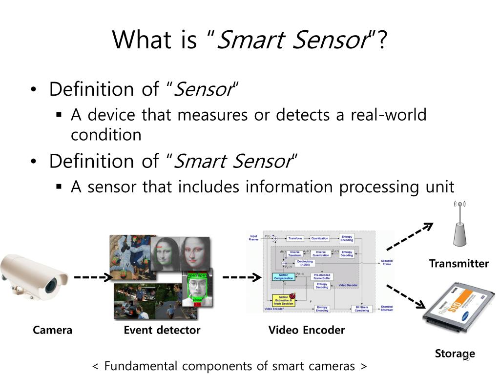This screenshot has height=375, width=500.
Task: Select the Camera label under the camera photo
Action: click(x=52, y=330)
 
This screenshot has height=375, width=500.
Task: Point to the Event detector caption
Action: click(x=162, y=330)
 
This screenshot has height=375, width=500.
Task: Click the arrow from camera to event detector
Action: click(x=93, y=277)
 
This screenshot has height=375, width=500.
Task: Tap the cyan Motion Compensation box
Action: click(x=283, y=277)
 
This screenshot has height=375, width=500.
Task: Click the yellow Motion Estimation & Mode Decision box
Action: click(x=283, y=300)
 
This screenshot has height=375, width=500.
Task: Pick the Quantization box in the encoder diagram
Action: click(x=320, y=239)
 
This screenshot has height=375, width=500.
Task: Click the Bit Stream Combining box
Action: click(x=361, y=309)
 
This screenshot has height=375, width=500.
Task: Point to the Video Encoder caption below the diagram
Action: click(x=306, y=330)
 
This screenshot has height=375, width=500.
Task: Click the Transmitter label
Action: click(x=458, y=264)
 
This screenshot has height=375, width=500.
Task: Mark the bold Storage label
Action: click(x=454, y=354)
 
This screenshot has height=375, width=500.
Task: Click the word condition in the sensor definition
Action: click(x=106, y=134)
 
